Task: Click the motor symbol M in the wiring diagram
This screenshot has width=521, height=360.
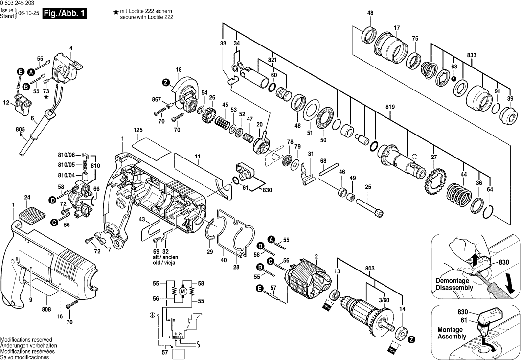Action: [x=183, y=292]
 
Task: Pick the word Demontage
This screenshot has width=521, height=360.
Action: [x=453, y=281]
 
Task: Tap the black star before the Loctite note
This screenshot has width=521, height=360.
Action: [x=116, y=11]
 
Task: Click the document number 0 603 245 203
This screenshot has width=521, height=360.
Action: [x=21, y=4]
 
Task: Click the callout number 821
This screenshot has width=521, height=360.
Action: [x=272, y=60]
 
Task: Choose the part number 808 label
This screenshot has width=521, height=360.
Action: [x=46, y=309]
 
